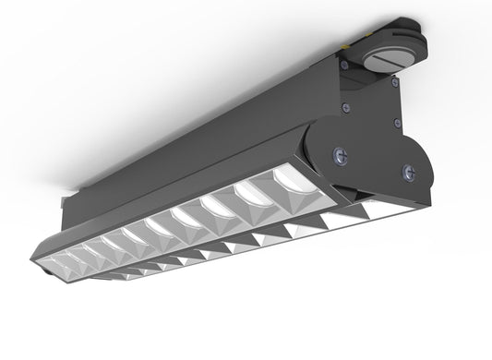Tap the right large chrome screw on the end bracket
pyautogui.click(x=405, y=171)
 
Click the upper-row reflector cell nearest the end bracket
pyautogui.click(x=258, y=195)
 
